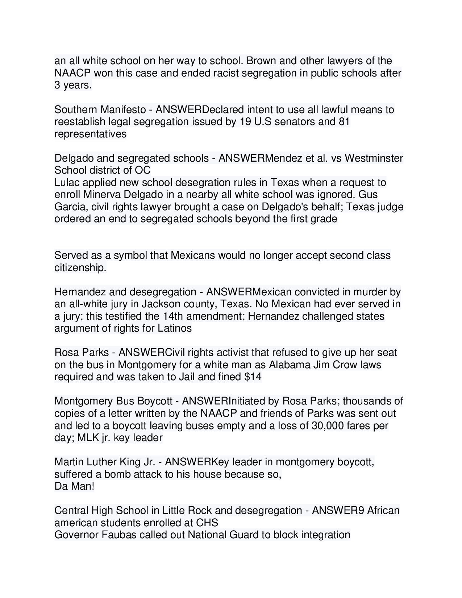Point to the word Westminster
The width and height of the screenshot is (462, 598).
click(x=374, y=158)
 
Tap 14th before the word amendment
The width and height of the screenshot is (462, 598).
click(x=173, y=316)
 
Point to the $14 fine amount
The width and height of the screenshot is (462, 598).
click(x=253, y=377)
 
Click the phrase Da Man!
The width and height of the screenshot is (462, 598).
click(x=74, y=486)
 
